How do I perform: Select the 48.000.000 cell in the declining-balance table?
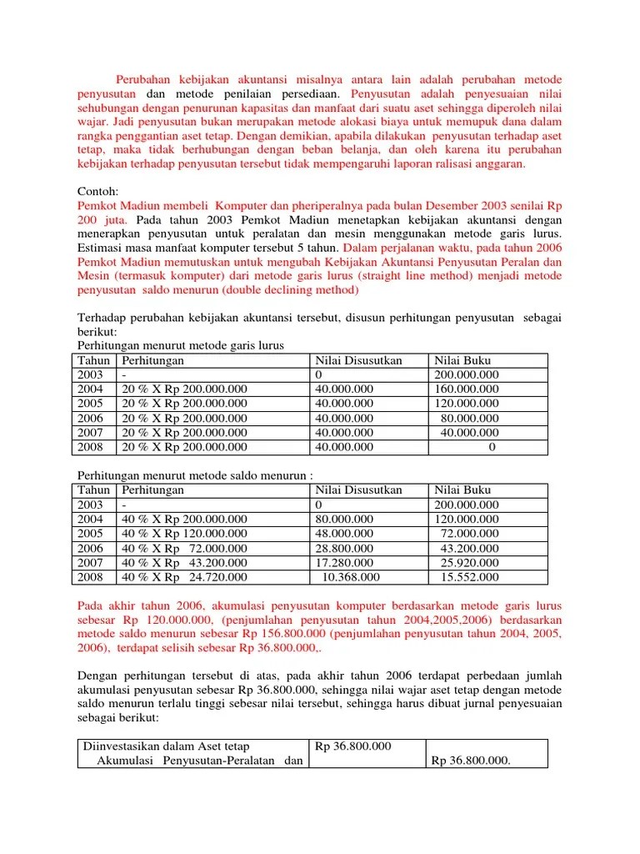(x=345, y=534)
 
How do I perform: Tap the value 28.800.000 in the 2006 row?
(x=345, y=548)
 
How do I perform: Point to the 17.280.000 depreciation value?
(x=345, y=562)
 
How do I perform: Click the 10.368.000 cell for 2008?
(x=350, y=577)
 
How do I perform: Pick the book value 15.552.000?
(x=470, y=577)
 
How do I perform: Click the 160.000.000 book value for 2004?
(x=467, y=389)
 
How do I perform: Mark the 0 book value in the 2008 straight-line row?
(x=492, y=447)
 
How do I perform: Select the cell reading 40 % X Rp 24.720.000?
(x=184, y=577)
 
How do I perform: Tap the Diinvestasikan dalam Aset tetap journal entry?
(x=167, y=746)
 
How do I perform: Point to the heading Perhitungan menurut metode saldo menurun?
(x=194, y=475)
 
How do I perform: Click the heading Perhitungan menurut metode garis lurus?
(x=181, y=345)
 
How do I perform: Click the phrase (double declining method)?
(x=291, y=290)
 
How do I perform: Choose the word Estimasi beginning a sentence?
(x=100, y=248)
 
